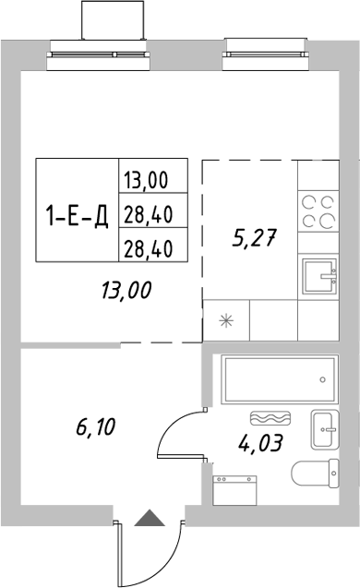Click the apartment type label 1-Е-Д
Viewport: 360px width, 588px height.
pos(78,217)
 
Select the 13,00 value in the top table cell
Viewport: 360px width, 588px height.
pos(153,177)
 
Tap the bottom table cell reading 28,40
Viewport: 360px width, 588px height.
pos(153,246)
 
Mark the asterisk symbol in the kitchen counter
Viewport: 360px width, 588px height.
pos(225,321)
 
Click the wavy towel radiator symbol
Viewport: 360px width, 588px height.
pos(270,416)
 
